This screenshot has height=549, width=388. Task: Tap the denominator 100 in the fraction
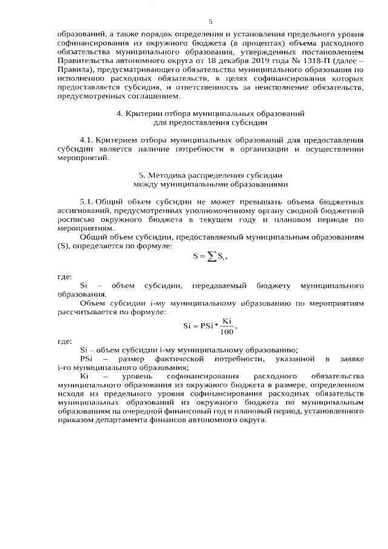(227, 332)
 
